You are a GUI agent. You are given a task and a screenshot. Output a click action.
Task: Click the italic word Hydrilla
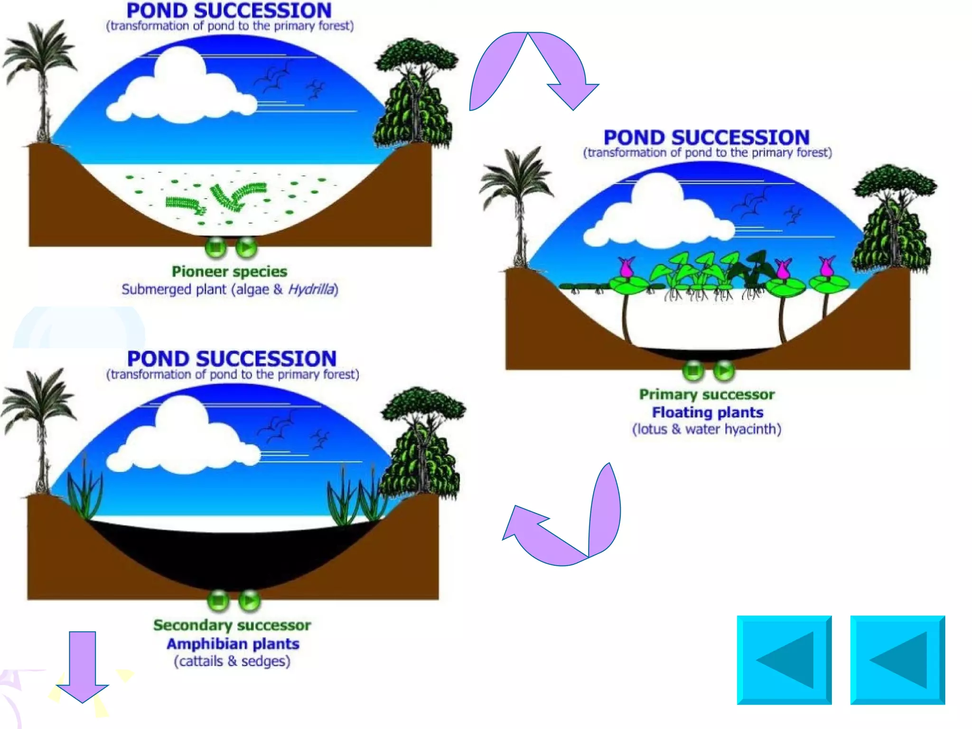tap(311, 290)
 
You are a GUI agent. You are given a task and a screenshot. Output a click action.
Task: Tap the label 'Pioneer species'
tap(229, 271)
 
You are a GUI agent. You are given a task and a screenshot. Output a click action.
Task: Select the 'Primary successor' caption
tap(707, 394)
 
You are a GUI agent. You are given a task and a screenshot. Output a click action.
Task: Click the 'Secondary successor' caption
tap(232, 625)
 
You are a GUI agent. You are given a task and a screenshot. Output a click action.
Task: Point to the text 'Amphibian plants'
tap(233, 644)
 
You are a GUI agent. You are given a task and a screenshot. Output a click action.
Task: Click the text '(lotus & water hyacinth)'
tap(707, 430)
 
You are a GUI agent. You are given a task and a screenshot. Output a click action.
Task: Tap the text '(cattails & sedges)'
tap(232, 662)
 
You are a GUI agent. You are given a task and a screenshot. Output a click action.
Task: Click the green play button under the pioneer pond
tap(246, 247)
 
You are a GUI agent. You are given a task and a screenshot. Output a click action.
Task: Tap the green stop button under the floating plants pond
tap(693, 370)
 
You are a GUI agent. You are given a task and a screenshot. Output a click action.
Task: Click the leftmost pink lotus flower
tap(626, 268)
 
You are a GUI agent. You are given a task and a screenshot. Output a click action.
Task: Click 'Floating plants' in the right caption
tap(708, 412)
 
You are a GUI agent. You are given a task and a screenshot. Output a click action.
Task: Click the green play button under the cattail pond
tap(250, 601)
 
